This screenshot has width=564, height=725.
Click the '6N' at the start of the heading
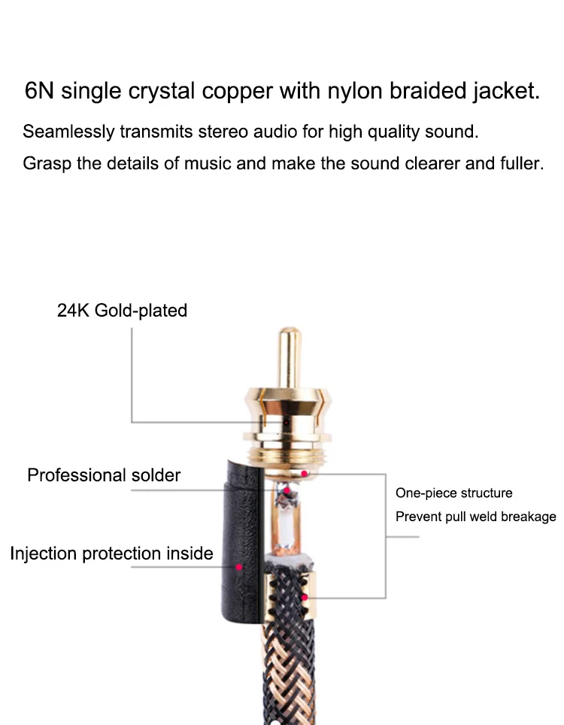(x=39, y=90)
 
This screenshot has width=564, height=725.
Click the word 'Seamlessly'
(x=68, y=132)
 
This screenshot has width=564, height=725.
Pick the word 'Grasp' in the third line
(x=47, y=164)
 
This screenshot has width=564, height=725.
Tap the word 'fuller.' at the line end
(x=522, y=163)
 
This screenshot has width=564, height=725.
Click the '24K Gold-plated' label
(x=122, y=311)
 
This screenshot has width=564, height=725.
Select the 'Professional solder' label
(x=104, y=475)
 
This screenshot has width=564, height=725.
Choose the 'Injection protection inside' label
(x=111, y=554)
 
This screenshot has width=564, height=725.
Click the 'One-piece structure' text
(x=454, y=493)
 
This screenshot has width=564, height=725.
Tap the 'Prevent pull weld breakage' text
(x=476, y=517)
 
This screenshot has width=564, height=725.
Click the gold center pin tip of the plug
(x=290, y=332)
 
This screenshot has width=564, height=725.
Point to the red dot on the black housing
(x=239, y=567)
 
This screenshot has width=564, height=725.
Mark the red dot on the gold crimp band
(x=305, y=597)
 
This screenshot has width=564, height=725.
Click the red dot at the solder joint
(x=287, y=490)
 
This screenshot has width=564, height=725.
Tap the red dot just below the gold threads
(x=305, y=474)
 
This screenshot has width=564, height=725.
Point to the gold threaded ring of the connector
(x=289, y=455)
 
